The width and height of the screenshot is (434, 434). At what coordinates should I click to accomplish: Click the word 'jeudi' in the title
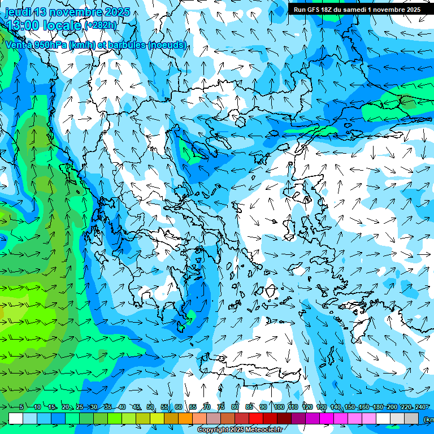18,12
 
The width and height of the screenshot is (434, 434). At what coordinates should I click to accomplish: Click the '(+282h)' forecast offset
101,25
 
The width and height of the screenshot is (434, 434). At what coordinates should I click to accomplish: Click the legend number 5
21,407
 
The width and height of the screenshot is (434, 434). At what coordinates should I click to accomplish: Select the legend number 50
150,407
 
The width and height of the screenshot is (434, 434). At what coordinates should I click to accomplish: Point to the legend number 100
279,407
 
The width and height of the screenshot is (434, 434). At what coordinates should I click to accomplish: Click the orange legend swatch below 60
185,418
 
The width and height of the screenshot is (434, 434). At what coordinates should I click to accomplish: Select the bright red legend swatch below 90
256,418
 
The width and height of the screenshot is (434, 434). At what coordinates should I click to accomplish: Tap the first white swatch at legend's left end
16,418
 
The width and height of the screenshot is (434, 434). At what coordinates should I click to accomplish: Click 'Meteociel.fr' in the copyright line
262,430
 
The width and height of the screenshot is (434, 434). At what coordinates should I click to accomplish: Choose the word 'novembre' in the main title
84,12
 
